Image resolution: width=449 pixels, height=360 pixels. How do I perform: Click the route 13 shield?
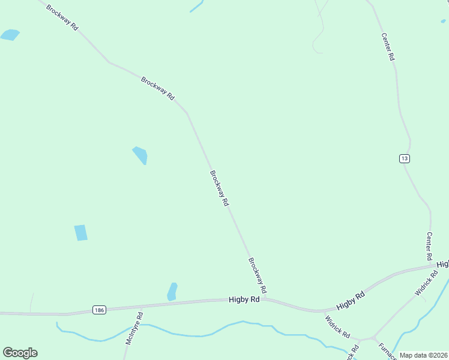[x=404, y=158]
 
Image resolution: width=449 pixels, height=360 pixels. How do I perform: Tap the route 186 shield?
[x=100, y=310]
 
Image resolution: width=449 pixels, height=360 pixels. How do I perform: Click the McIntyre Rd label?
[x=133, y=328]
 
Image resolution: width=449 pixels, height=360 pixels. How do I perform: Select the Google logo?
[x=20, y=353]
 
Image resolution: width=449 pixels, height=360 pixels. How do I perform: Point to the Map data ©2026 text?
[x=424, y=355]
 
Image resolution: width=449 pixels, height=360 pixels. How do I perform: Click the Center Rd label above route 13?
[x=388, y=46]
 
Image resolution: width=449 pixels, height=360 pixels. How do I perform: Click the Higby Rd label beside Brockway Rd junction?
[x=244, y=299]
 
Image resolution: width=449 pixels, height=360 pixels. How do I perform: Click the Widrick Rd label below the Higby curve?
[x=337, y=324]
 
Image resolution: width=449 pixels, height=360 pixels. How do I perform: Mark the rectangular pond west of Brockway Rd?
[x=80, y=233]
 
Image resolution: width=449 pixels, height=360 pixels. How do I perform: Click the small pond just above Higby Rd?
[x=172, y=292]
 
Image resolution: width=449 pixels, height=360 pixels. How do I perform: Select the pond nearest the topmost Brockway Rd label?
[x=10, y=35]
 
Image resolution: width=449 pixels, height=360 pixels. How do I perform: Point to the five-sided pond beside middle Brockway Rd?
[x=140, y=155]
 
